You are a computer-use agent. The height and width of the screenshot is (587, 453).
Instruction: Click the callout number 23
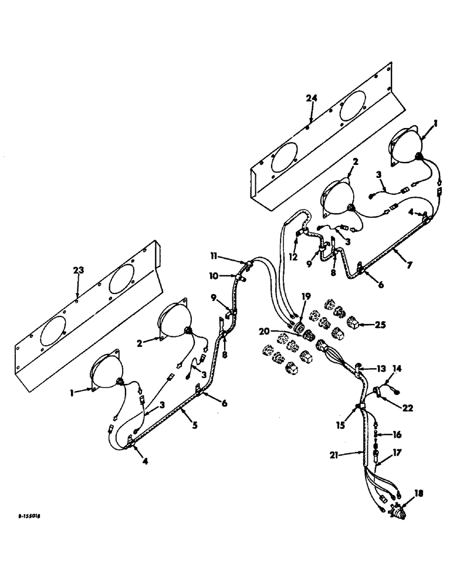click(x=79, y=270)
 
